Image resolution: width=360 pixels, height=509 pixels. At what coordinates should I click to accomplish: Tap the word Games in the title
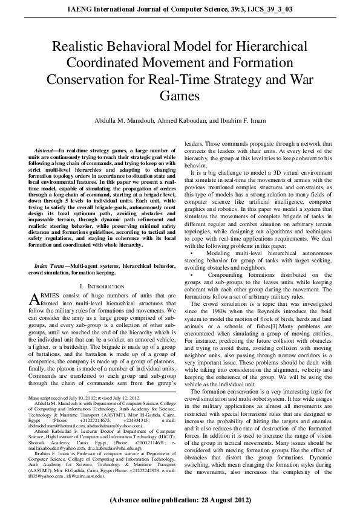(180, 96)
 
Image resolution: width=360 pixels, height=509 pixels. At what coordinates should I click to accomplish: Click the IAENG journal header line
(180, 8)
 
